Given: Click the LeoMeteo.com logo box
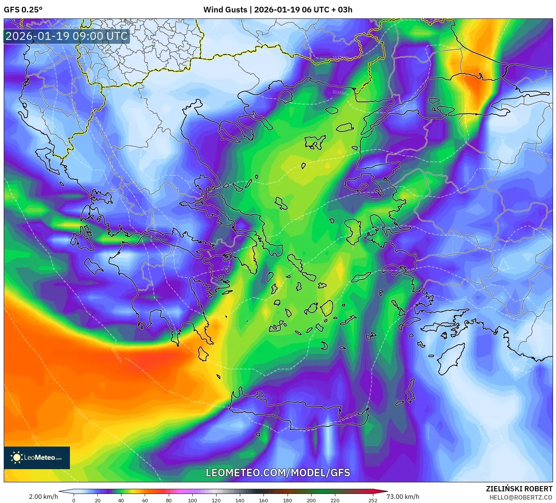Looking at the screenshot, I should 37,457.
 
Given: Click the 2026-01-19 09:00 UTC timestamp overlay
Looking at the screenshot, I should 67,36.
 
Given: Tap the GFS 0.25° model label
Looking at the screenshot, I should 23,10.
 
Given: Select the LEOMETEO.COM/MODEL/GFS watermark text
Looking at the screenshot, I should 278,473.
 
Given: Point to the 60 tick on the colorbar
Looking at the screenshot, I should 145,500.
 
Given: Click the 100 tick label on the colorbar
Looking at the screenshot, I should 192,500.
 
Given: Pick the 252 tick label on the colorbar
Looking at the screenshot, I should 373,500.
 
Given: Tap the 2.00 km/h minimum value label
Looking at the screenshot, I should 43,497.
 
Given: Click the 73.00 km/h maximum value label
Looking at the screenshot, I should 403,497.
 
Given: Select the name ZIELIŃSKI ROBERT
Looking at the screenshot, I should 519,489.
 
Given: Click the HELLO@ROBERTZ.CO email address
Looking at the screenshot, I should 521,497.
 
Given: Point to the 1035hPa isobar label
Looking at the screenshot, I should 340,92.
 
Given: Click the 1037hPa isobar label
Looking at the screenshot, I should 341,58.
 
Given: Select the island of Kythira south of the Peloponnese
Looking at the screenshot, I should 203,354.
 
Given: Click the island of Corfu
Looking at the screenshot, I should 46,158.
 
